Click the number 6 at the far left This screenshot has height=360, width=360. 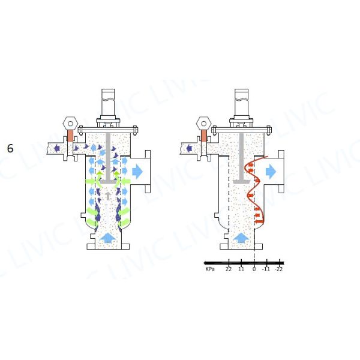click(10, 148)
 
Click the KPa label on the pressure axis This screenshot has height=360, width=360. click(211, 270)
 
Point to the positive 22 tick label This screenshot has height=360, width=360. click(229, 270)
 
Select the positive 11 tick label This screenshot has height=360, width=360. click(241, 270)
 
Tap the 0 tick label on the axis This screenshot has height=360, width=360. click(254, 270)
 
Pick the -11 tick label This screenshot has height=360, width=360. click(266, 270)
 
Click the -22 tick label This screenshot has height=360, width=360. click(279, 270)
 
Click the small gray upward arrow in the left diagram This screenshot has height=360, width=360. click(107, 196)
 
